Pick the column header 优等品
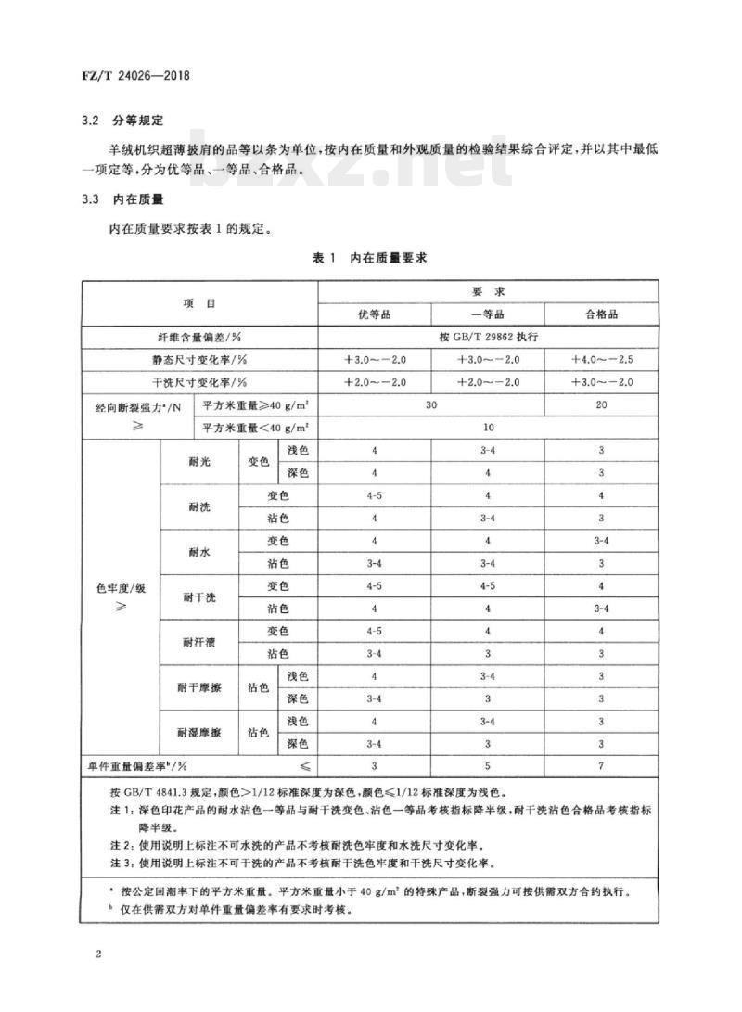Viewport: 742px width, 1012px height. pyautogui.click(x=374, y=314)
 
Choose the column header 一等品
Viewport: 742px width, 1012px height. pyautogui.click(x=488, y=314)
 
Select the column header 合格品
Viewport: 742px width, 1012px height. pyautogui.click(x=601, y=314)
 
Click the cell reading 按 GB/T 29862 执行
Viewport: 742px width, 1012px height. pyautogui.click(x=488, y=337)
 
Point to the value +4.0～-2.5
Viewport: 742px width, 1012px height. pyautogui.click(x=601, y=359)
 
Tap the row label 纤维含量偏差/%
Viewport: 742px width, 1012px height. pyautogui.click(x=199, y=337)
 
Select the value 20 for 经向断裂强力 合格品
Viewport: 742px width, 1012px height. pyautogui.click(x=601, y=404)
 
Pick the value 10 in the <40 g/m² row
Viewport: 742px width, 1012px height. pyautogui.click(x=488, y=428)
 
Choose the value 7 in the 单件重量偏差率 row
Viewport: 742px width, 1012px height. pyautogui.click(x=601, y=766)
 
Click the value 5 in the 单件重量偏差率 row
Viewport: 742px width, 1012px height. pyautogui.click(x=488, y=766)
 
